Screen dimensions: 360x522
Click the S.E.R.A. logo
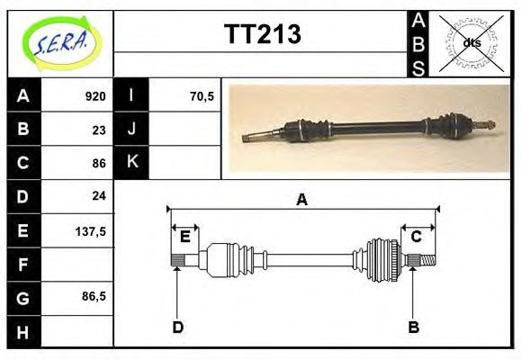(x=61, y=42)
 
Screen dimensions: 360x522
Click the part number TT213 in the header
(x=262, y=35)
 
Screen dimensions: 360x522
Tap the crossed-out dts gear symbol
(x=470, y=42)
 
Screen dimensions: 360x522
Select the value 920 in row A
(x=95, y=95)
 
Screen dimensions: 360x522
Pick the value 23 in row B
(x=99, y=129)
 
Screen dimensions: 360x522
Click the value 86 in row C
(x=99, y=163)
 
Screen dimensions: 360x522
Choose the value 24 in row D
(x=99, y=195)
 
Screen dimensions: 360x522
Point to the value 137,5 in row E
(x=92, y=230)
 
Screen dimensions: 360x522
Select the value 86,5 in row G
(x=94, y=296)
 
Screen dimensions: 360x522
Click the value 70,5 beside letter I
(x=202, y=95)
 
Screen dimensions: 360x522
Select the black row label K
(x=131, y=162)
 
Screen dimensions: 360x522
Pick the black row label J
(x=131, y=129)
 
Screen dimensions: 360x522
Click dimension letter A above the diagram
(x=301, y=200)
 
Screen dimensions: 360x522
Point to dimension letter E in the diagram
(x=184, y=236)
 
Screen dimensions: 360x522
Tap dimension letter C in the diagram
(x=417, y=236)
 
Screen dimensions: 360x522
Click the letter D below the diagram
(x=177, y=327)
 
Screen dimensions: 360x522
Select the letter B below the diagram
(x=413, y=327)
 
